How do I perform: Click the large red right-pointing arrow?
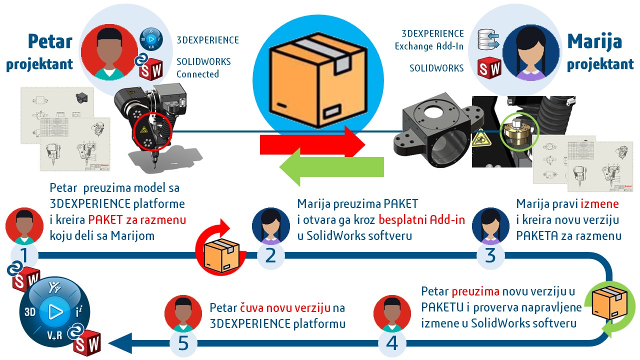point(312,144)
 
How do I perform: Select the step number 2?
point(270,256)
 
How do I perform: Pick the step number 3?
point(490,256)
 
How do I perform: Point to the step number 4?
point(392,343)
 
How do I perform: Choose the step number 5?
point(183,343)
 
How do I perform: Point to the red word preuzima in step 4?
point(475,291)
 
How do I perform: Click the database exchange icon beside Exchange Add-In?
point(489,40)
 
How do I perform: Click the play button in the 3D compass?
point(54,312)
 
